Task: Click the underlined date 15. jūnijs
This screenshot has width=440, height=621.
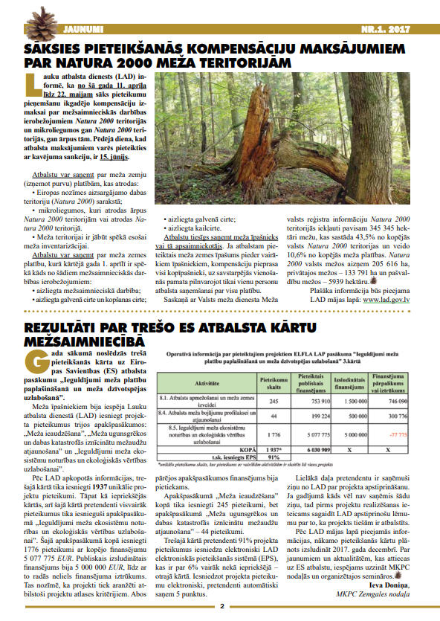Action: (114, 157)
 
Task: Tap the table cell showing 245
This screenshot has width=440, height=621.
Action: (273, 401)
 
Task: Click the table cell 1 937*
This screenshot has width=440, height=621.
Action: (273, 450)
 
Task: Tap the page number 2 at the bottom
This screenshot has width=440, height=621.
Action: (221, 614)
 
